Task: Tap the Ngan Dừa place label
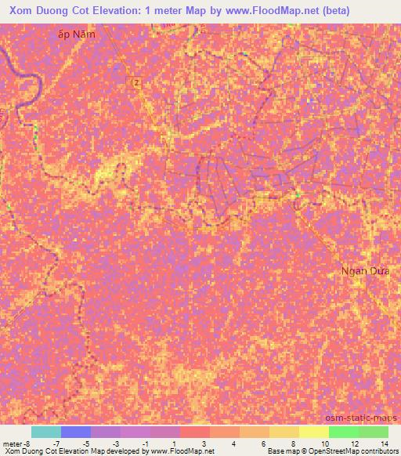pyautogui.click(x=365, y=271)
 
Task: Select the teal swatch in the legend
pyautogui.click(x=46, y=432)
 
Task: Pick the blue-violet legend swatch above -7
pyautogui.click(x=76, y=432)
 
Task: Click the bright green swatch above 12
pyautogui.click(x=344, y=432)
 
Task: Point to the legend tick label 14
pyautogui.click(x=384, y=443)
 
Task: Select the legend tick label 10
pyautogui.click(x=324, y=443)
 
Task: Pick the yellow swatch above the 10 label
pyautogui.click(x=314, y=432)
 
